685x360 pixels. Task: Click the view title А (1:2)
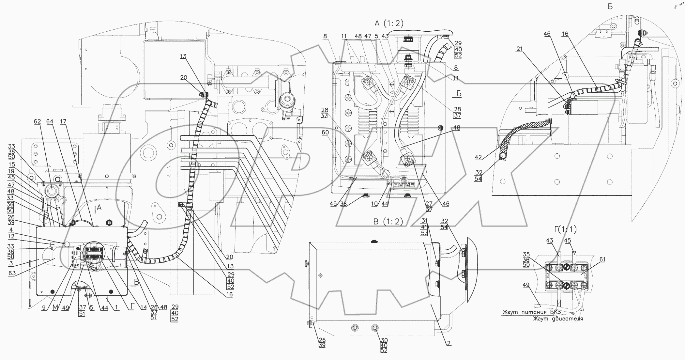(389, 23)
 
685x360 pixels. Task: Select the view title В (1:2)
(388, 222)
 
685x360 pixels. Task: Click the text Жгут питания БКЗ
(529, 313)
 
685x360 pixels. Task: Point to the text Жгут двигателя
(558, 319)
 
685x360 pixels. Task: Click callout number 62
(37, 122)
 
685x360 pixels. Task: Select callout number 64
(50, 122)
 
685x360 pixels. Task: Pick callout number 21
(520, 49)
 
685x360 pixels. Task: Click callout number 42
(478, 157)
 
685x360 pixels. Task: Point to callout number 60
(325, 133)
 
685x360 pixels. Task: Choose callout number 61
(602, 260)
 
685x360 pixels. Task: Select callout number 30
(384, 340)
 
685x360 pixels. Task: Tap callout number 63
(12, 273)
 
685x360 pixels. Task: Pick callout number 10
(374, 204)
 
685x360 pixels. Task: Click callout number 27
(429, 204)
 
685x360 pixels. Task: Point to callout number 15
(12, 164)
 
